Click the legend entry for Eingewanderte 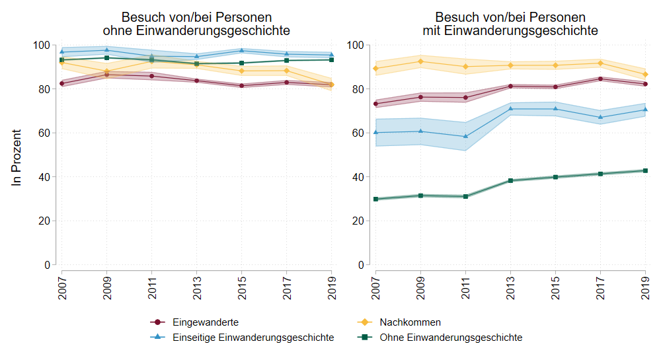coord(206,322)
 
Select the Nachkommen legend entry coord(410,322)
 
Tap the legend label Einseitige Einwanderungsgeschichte coord(253,338)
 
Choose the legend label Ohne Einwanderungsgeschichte coord(451,338)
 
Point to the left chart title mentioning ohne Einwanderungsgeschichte coord(196,24)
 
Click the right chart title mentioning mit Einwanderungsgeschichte coord(510,24)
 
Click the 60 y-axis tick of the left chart coord(44,133)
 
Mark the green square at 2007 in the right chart coord(375,199)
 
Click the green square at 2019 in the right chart coord(645,170)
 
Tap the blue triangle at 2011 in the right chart coord(465,136)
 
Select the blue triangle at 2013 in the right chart coord(510,108)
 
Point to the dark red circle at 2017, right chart coord(600,79)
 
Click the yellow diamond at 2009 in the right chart coord(420,61)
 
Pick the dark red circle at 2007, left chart coord(61,83)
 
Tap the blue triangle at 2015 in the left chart coord(241,50)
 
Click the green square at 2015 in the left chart coord(241,63)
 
